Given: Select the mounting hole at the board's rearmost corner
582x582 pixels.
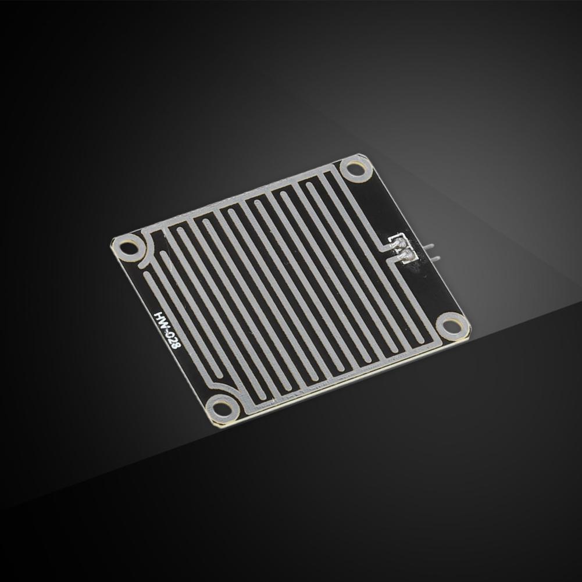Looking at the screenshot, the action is pos(356,170).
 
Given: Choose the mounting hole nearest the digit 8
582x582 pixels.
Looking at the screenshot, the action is pos(222,407).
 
